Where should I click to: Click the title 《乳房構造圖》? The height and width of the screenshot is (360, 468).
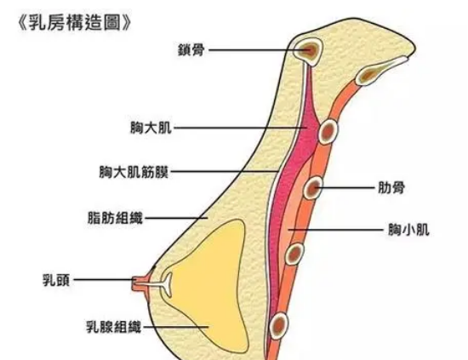click(75, 23)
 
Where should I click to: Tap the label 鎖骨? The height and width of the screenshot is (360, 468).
click(191, 50)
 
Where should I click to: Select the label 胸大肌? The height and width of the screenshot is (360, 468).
click(151, 128)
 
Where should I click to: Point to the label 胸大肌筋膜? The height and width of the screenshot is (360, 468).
click(134, 172)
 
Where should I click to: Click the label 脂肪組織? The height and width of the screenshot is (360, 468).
click(115, 218)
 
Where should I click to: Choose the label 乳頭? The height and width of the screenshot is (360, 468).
click(56, 280)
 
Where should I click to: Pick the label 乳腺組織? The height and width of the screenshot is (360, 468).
click(114, 327)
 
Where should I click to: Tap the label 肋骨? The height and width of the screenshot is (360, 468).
click(391, 188)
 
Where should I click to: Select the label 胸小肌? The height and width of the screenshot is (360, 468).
click(408, 230)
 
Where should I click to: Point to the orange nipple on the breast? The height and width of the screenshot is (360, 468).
click(140, 282)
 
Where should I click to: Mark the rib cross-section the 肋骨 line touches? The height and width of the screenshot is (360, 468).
click(313, 188)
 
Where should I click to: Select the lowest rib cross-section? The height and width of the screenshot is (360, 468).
click(279, 325)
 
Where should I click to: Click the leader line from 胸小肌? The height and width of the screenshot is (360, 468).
click(336, 230)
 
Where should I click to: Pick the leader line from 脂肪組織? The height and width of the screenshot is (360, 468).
click(176, 218)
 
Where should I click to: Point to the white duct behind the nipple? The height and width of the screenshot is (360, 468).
click(161, 283)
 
